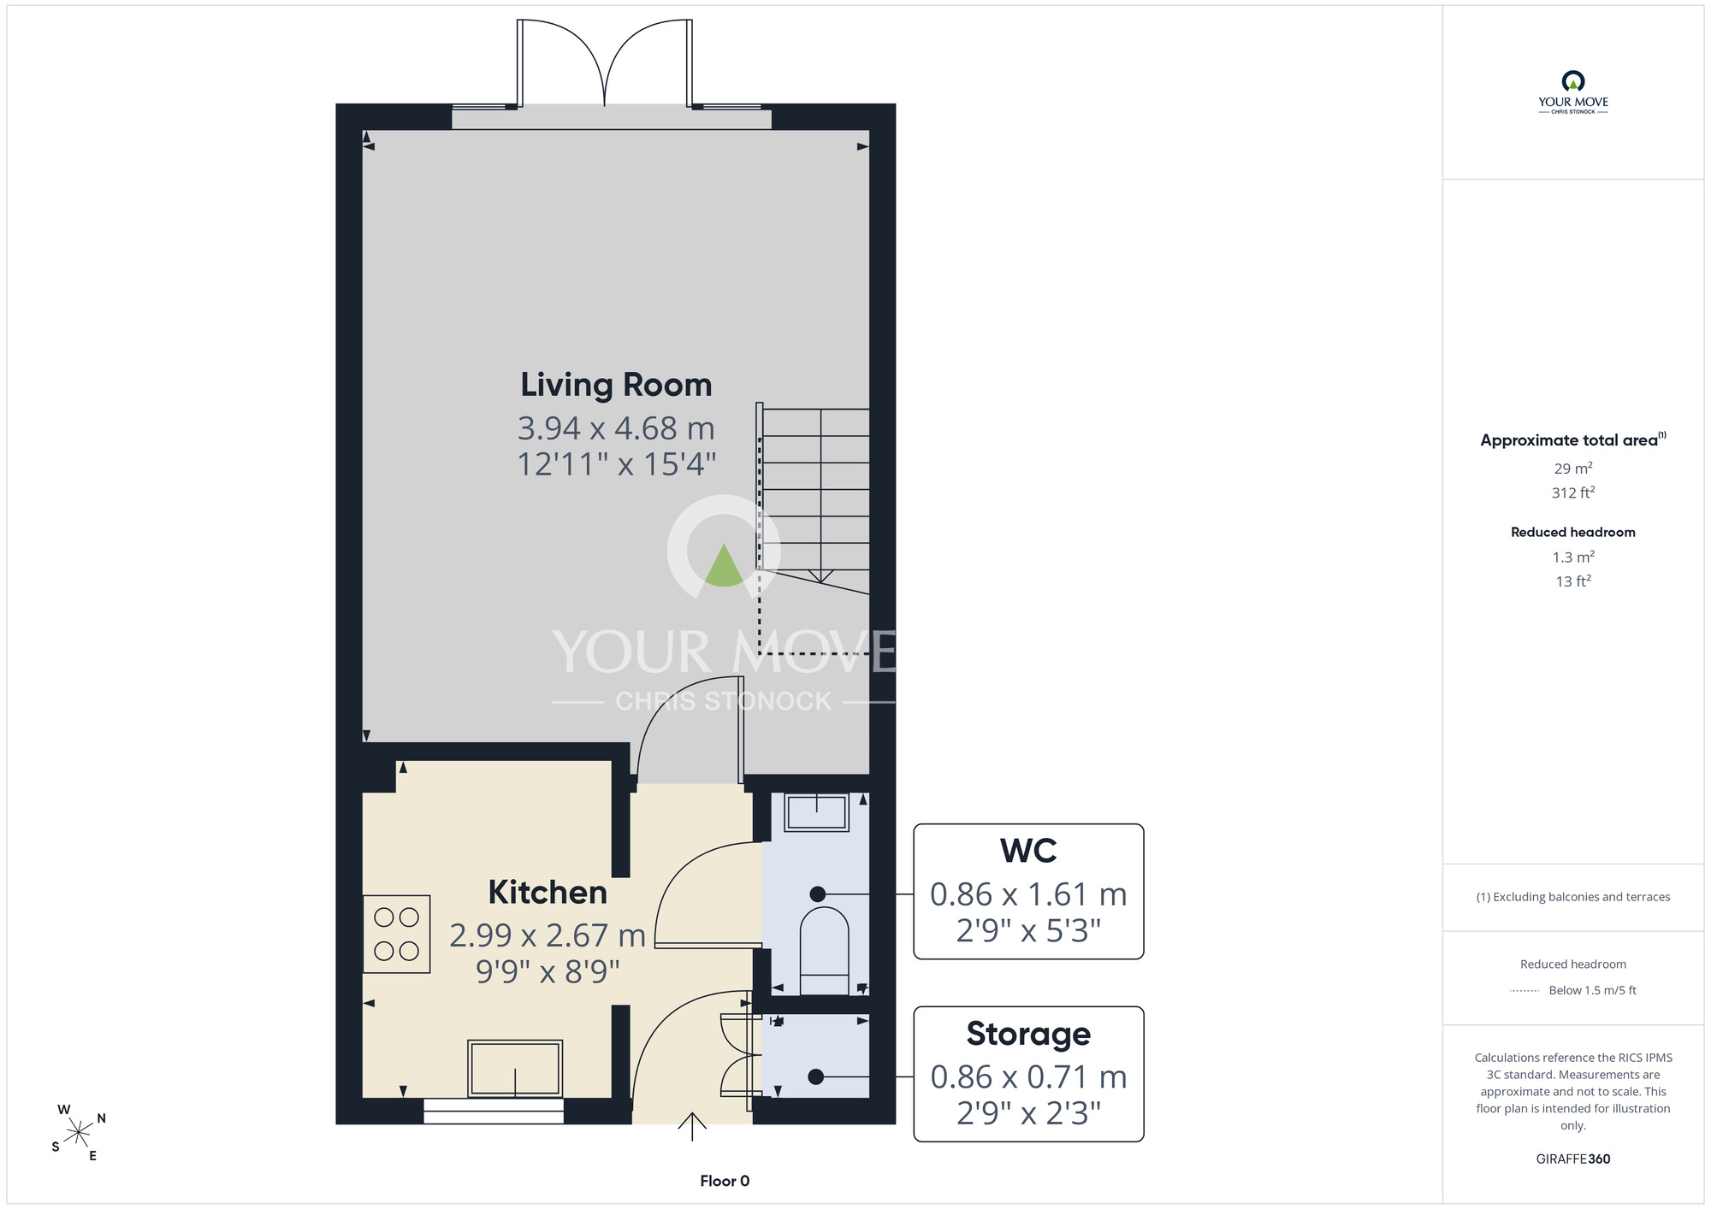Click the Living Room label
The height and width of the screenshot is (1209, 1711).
click(616, 385)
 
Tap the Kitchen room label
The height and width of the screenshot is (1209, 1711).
click(548, 892)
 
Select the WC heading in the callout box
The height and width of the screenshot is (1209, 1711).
click(1028, 851)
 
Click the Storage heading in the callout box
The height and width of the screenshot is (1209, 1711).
click(1028, 1034)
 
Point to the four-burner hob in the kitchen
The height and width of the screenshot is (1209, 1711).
click(396, 934)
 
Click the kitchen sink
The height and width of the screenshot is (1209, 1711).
click(515, 1068)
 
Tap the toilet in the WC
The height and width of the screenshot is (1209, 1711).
click(824, 951)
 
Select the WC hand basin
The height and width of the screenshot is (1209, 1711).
click(817, 812)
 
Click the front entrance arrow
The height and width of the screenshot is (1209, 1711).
click(692, 1126)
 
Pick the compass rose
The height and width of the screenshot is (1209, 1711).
click(79, 1133)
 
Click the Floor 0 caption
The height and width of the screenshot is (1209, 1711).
click(725, 1181)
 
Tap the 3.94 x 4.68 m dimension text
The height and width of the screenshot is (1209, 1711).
click(616, 428)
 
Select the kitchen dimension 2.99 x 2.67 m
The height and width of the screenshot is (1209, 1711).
click(548, 935)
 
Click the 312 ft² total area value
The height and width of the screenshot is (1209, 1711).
click(1573, 492)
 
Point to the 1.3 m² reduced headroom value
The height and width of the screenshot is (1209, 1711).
click(1573, 557)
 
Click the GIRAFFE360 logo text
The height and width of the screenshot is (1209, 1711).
click(1573, 1159)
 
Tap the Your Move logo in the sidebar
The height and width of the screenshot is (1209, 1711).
click(1573, 92)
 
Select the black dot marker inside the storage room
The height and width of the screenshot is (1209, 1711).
click(816, 1077)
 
